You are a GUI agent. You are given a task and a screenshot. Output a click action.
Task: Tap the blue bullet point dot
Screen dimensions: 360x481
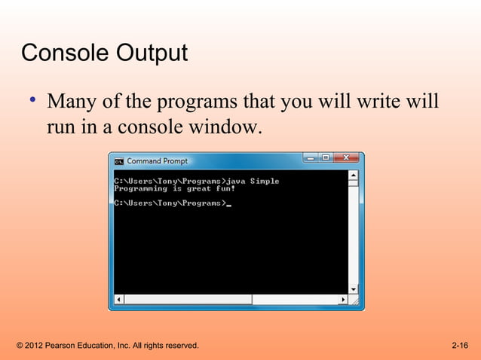pyautogui.click(x=34, y=99)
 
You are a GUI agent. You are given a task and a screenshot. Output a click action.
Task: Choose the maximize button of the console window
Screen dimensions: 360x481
pyautogui.click(x=326, y=158)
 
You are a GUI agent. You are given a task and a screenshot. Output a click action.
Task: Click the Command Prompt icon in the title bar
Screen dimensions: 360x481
pyautogui.click(x=118, y=161)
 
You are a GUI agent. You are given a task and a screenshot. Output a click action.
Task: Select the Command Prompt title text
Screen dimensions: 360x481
pyautogui.click(x=157, y=161)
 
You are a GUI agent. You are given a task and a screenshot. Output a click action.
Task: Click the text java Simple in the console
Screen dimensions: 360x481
pyautogui.click(x=253, y=181)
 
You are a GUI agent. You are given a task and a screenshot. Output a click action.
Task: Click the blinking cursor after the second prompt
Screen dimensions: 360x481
pyautogui.click(x=229, y=204)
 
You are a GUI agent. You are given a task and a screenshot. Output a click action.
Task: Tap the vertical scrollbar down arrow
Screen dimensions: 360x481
pyautogui.click(x=353, y=289)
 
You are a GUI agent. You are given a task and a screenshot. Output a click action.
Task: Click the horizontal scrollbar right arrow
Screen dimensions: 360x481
pyautogui.click(x=343, y=300)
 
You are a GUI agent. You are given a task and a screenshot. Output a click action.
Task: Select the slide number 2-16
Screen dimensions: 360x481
pyautogui.click(x=459, y=346)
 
